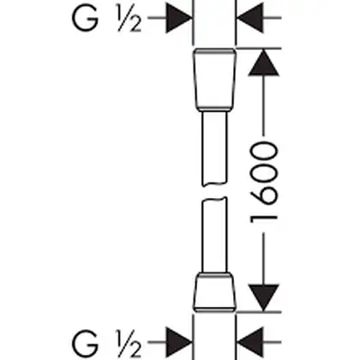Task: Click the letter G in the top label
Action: [x=85, y=19]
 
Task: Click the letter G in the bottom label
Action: [x=85, y=343]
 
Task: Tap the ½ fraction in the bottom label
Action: [x=129, y=345]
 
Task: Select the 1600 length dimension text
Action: [x=263, y=183]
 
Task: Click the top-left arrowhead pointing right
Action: [x=178, y=18]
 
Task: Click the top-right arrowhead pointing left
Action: [x=250, y=18]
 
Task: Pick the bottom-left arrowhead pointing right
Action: [x=178, y=342]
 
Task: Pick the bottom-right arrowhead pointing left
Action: [x=250, y=342]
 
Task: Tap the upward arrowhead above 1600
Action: [x=263, y=63]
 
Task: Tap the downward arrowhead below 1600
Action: [x=263, y=297]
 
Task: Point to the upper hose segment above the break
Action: [x=214, y=148]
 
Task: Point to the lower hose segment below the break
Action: [x=214, y=235]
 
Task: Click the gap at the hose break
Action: [x=214, y=192]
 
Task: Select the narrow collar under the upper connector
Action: [x=214, y=109]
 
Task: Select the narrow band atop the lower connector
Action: [x=214, y=275]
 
